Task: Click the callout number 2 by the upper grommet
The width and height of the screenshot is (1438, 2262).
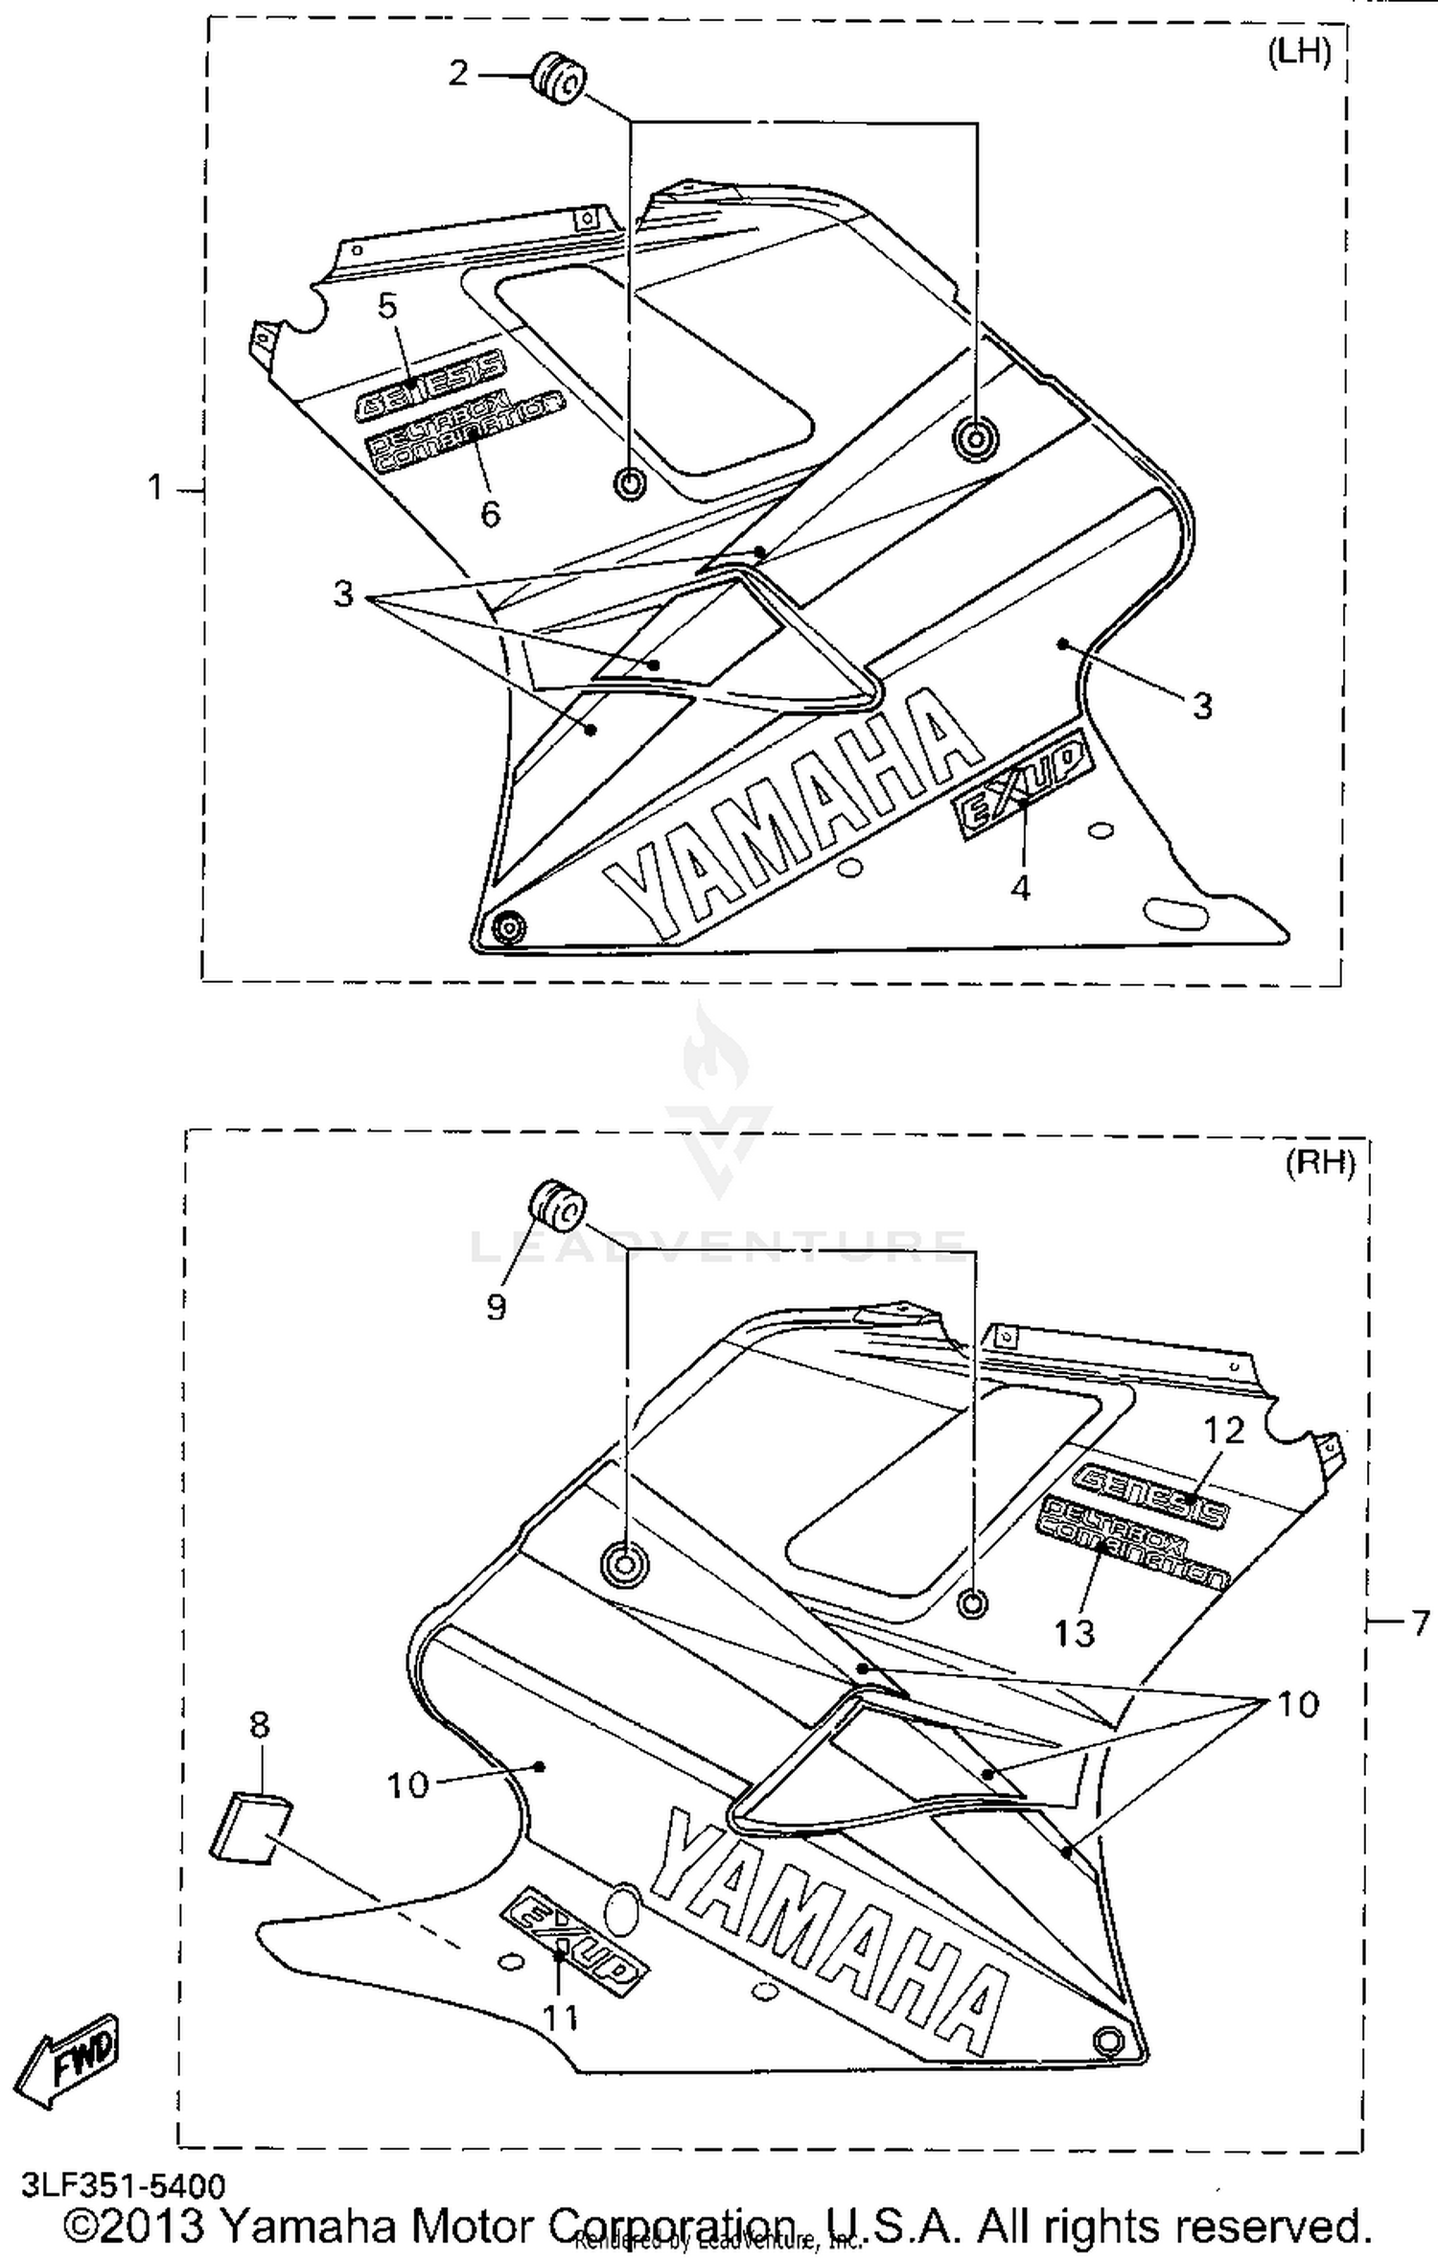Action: click(459, 73)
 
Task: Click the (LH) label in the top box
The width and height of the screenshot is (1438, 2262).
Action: click(1299, 53)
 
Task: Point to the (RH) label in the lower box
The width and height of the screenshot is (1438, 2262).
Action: click(1320, 1163)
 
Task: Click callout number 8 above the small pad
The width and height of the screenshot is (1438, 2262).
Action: click(259, 1726)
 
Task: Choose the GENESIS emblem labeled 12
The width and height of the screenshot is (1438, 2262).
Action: click(1150, 1496)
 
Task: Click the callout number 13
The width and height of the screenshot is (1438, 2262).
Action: click(1074, 1632)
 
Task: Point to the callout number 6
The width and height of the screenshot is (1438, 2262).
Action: click(490, 515)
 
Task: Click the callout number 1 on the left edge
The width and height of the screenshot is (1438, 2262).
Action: click(155, 489)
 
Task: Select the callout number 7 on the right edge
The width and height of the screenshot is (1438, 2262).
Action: click(1420, 1623)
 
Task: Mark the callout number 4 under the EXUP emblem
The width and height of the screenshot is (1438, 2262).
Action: click(1021, 888)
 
